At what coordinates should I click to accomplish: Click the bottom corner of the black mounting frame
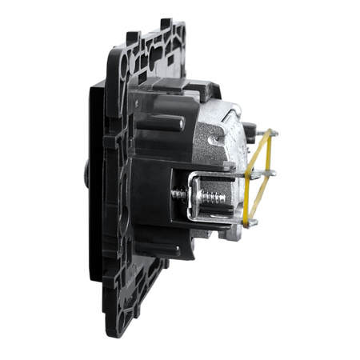148,328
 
